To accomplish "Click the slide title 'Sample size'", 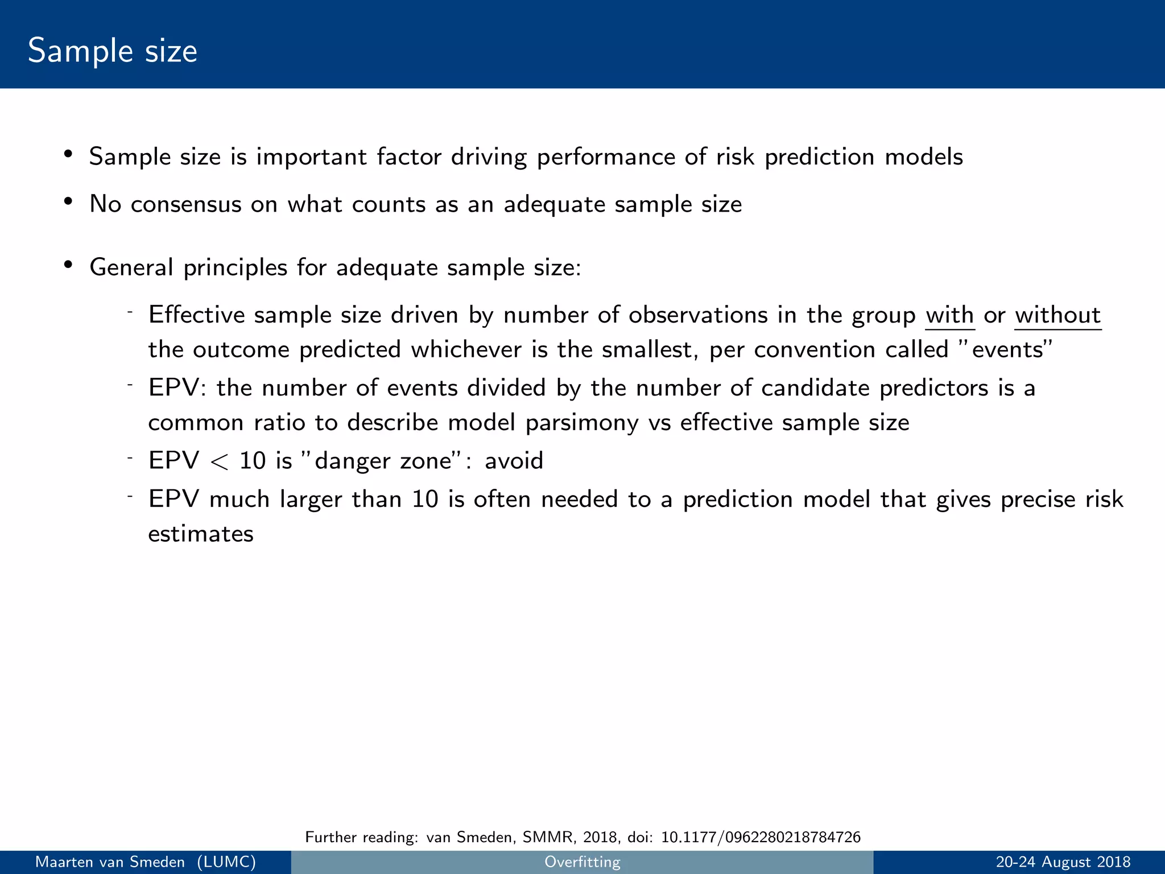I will tap(113, 51).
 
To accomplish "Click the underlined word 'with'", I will tap(949, 315).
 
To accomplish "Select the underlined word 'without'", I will tap(1057, 315).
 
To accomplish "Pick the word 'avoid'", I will tap(514, 460).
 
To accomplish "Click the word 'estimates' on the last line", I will tap(201, 534).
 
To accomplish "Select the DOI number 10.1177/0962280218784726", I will tap(761, 837).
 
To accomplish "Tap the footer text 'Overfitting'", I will tap(582, 862).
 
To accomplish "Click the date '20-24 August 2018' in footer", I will tap(1063, 862).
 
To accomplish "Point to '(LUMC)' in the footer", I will tap(226, 862).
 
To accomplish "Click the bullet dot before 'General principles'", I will tap(68, 265).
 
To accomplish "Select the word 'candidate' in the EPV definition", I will tap(815, 388).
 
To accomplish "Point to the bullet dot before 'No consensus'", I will tap(68, 202).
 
